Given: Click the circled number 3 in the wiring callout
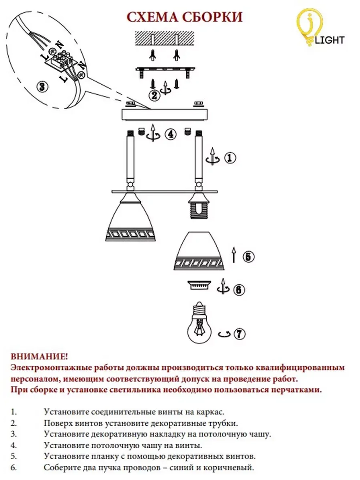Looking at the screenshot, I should click(x=42, y=86).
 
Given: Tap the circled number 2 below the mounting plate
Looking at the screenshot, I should click(x=154, y=95).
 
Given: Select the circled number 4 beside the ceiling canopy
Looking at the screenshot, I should click(x=170, y=134).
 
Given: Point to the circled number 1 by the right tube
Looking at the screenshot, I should click(x=230, y=158).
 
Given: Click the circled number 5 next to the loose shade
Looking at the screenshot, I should click(x=248, y=256).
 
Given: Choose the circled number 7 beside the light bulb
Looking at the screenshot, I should click(x=239, y=334).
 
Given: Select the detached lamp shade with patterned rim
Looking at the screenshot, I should click(x=198, y=252).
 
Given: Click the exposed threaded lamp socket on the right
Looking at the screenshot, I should click(x=198, y=209).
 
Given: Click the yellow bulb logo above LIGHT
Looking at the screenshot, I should click(x=306, y=27).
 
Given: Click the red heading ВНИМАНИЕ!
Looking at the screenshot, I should click(x=39, y=356).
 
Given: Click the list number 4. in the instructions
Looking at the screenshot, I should click(x=14, y=446).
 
